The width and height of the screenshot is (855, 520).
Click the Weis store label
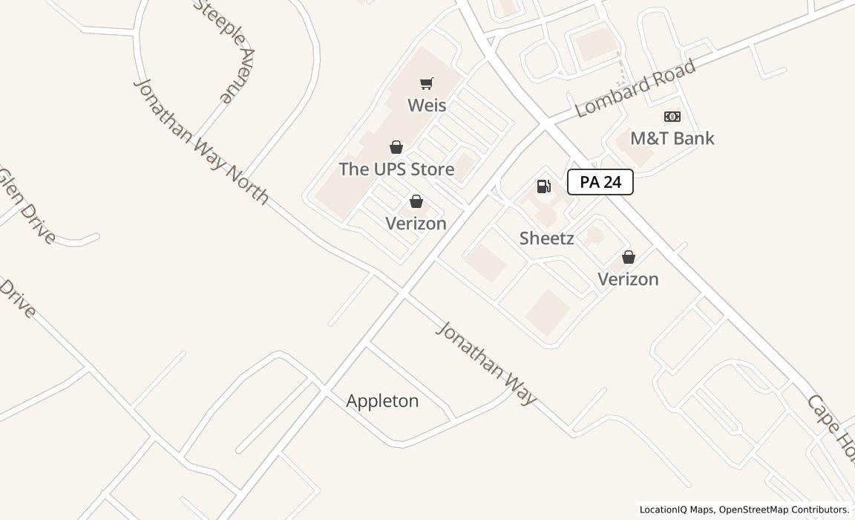tap(427, 105)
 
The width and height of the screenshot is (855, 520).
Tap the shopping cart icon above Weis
tap(426, 84)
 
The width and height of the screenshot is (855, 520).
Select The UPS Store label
tap(396, 169)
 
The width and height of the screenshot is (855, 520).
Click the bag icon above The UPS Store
tap(396, 147)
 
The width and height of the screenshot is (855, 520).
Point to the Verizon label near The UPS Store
tap(416, 224)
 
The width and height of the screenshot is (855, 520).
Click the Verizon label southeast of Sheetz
tap(628, 279)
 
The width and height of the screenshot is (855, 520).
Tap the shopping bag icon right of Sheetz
tap(629, 257)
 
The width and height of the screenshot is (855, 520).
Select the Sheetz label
tap(546, 238)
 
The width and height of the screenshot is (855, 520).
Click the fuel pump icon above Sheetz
tap(544, 186)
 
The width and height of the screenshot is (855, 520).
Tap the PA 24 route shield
tap(600, 182)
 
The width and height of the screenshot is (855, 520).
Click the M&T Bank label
tap(672, 138)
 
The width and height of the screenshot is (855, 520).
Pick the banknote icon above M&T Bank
tap(672, 117)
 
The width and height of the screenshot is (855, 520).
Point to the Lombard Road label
tap(635, 88)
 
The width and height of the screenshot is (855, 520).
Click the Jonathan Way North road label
tap(200, 140)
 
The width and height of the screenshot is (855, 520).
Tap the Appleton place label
tap(382, 401)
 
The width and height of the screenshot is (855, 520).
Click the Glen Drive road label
tap(27, 207)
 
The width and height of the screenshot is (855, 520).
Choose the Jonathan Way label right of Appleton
tap(486, 363)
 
